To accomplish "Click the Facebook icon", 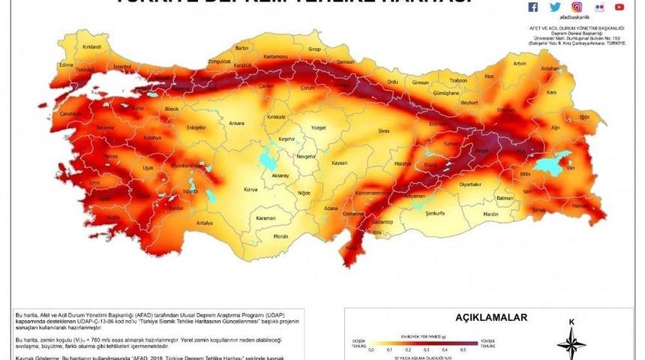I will (x=533, y=7).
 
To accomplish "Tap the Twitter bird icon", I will (x=555, y=7).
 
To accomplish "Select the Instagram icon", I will (x=577, y=7).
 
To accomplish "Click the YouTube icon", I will (x=619, y=7).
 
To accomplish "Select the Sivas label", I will (x=384, y=131).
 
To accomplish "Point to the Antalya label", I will (x=205, y=223).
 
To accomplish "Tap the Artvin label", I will (x=519, y=63).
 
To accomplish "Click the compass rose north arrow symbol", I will (x=571, y=341).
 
